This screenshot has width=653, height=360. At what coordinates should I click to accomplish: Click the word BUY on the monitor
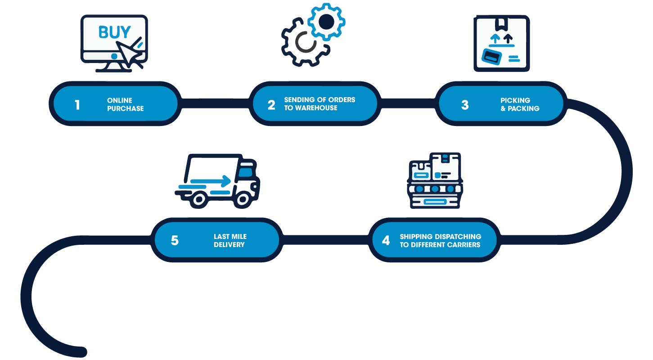pos(114,33)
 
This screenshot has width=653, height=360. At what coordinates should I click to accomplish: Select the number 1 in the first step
pos(77,105)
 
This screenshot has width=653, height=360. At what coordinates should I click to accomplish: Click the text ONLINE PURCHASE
pos(125,104)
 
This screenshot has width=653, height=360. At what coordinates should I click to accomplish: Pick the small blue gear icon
pos(327,21)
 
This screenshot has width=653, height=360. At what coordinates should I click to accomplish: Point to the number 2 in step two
pos(271,105)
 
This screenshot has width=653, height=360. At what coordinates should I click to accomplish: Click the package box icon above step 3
pos(501,44)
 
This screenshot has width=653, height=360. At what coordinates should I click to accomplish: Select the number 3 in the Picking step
pos(465,105)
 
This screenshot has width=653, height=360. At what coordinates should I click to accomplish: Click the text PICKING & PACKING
pos(520,104)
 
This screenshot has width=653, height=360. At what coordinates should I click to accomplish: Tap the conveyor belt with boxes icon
pos(435,180)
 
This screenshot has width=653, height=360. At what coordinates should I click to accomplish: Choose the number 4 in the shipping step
pos(386,240)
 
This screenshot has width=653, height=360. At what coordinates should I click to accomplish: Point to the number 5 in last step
pos(175,240)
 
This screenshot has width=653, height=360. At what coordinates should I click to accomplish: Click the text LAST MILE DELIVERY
pos(230,241)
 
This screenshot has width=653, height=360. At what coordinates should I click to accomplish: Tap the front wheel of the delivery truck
pos(243,198)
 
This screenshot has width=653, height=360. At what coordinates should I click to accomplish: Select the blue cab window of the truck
pos(245,172)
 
